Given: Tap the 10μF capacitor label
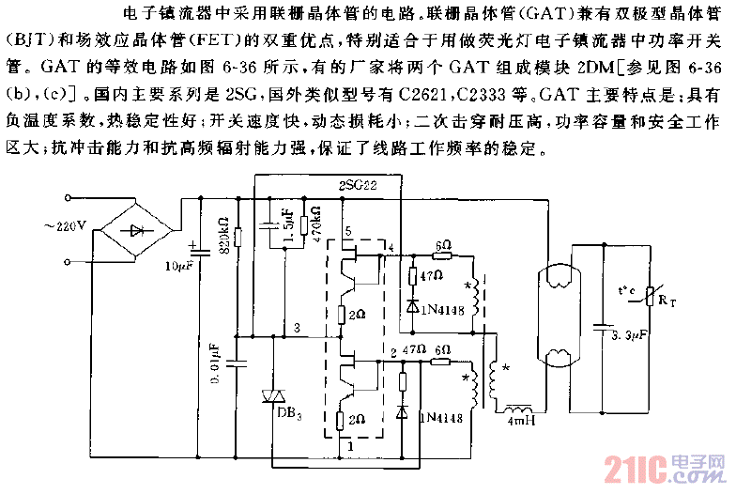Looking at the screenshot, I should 178,266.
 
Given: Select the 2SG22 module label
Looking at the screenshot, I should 358,187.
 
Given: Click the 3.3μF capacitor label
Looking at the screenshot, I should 625,334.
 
